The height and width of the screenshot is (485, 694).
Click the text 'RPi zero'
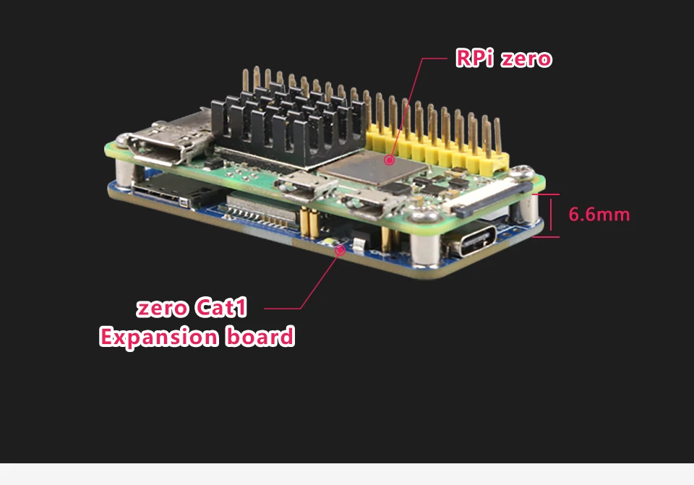click(503, 59)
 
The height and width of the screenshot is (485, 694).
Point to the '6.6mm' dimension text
click(599, 215)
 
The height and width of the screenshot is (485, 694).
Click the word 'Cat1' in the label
click(220, 309)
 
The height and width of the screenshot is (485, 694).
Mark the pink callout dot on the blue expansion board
click(339, 251)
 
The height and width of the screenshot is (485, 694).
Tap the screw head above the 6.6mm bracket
click(520, 172)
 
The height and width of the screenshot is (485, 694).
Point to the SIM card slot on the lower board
click(173, 191)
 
